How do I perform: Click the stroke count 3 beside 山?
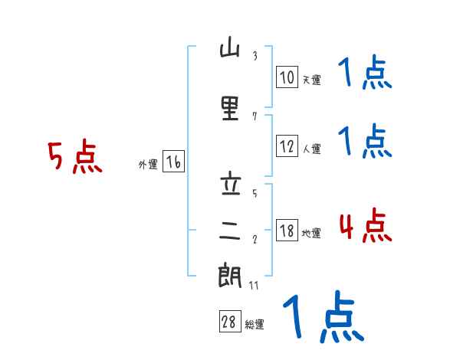point(255,56)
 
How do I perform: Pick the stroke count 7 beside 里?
point(255,116)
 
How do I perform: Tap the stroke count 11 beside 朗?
point(255,285)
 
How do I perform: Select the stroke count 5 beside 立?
point(255,193)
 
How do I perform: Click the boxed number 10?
point(287,77)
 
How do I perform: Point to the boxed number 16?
point(173,162)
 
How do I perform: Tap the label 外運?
point(148,164)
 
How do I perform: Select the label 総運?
point(255,324)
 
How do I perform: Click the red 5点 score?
point(74,159)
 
